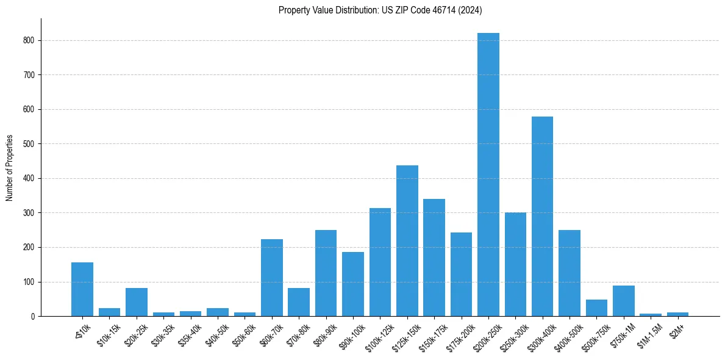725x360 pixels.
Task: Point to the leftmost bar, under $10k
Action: (82, 289)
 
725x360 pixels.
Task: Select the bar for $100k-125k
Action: (380, 262)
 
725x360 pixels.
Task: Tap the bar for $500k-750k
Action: (596, 308)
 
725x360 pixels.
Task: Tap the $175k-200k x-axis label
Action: (462, 334)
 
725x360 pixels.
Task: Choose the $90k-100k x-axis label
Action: (354, 334)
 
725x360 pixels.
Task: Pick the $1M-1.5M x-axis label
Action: (651, 333)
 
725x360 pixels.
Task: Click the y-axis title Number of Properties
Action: (9, 167)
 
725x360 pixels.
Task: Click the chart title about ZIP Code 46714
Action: (380, 10)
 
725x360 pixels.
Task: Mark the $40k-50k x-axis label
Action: (218, 333)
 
